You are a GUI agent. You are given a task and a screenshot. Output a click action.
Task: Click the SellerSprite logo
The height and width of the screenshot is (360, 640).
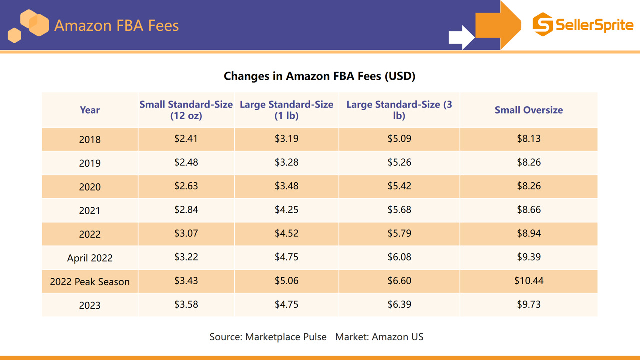583,24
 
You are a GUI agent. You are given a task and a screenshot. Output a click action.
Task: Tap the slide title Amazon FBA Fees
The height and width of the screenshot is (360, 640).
116,25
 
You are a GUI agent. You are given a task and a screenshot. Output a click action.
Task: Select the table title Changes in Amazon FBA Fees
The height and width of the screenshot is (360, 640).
319,76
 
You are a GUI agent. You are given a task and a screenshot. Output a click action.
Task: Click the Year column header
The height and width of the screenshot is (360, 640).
90,110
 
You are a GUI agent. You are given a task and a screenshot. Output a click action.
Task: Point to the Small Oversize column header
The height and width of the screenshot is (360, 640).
529,110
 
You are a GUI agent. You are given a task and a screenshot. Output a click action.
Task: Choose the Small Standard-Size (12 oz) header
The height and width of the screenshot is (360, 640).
186,110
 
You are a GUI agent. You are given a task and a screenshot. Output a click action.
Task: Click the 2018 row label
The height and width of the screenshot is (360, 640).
90,139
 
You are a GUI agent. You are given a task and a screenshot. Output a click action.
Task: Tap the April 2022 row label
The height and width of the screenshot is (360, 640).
90,258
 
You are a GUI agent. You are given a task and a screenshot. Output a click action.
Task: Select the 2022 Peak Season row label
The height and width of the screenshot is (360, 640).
90,282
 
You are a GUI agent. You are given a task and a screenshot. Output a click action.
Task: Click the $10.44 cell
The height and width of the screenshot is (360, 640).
529,281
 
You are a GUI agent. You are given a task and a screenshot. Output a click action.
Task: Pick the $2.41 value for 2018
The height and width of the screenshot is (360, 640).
186,139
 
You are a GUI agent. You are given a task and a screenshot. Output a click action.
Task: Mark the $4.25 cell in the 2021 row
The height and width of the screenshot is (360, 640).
286,210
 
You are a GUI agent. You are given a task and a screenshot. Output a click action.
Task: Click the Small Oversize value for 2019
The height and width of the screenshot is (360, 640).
529,162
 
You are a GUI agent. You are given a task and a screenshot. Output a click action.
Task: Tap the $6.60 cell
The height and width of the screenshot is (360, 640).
399,281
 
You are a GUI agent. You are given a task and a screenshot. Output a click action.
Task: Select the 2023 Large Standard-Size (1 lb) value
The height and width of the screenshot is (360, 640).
286,304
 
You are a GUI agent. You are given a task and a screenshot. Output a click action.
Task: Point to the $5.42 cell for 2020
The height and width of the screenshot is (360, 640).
399,186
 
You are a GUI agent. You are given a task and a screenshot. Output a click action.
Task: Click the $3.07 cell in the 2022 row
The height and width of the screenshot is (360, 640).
186,233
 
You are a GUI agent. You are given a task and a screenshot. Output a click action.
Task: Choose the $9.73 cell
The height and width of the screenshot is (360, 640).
529,304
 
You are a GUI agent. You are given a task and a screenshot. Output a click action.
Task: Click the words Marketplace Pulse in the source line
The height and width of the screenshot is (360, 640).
286,337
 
